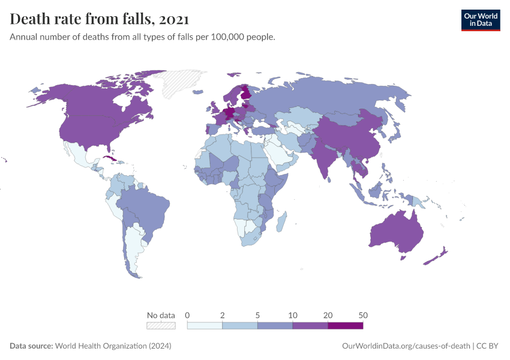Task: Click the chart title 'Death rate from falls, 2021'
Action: point(100,19)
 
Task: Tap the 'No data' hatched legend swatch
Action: point(161,325)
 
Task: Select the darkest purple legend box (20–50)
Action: point(345,325)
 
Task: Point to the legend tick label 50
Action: point(362,315)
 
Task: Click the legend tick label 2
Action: point(223,315)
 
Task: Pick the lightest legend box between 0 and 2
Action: point(205,325)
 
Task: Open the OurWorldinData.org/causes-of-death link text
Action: point(406,346)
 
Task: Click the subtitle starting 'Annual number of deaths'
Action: point(143,37)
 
